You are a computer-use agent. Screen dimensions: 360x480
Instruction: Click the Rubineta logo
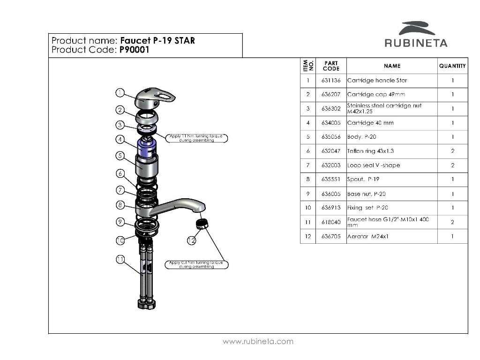click(416, 35)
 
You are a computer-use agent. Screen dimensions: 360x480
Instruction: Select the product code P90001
click(134, 50)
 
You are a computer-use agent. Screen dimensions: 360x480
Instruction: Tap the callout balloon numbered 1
click(120, 93)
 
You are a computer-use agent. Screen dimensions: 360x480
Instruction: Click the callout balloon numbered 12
click(191, 240)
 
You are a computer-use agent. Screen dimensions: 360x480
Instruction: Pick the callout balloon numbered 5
click(120, 156)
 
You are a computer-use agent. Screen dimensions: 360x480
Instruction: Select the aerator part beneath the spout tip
click(202, 224)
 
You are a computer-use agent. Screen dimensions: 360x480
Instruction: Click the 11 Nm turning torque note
click(197, 138)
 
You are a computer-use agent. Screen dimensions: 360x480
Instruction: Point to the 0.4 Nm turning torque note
click(196, 265)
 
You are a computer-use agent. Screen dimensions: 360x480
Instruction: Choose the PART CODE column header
click(331, 66)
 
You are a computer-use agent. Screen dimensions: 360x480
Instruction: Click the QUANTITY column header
click(452, 66)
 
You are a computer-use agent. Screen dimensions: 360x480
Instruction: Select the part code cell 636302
click(331, 109)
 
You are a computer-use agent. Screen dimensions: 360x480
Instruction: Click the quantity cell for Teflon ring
click(452, 151)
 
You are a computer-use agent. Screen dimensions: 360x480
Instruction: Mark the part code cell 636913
click(331, 208)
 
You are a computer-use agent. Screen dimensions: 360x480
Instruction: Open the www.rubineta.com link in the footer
click(258, 342)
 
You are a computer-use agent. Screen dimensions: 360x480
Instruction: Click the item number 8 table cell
click(308, 180)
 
